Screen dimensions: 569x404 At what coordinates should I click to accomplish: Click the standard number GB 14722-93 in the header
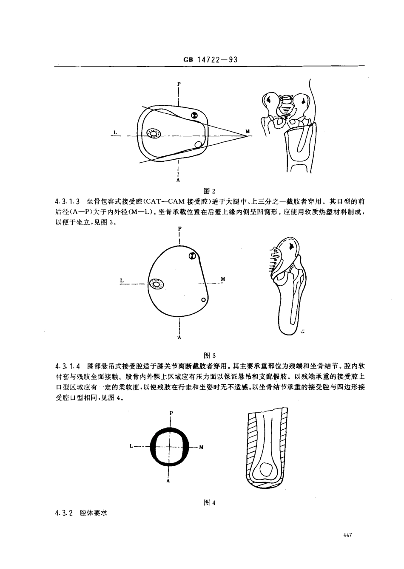[210, 60]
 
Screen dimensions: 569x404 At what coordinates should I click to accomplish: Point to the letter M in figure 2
[248, 131]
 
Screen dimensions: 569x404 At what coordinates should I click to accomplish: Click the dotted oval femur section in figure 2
[153, 134]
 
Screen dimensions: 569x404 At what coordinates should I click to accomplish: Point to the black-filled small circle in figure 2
[194, 115]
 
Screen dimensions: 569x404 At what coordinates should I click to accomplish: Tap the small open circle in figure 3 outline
[204, 300]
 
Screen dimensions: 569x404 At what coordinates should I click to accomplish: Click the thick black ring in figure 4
[155, 447]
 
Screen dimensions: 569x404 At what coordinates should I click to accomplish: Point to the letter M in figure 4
[201, 447]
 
